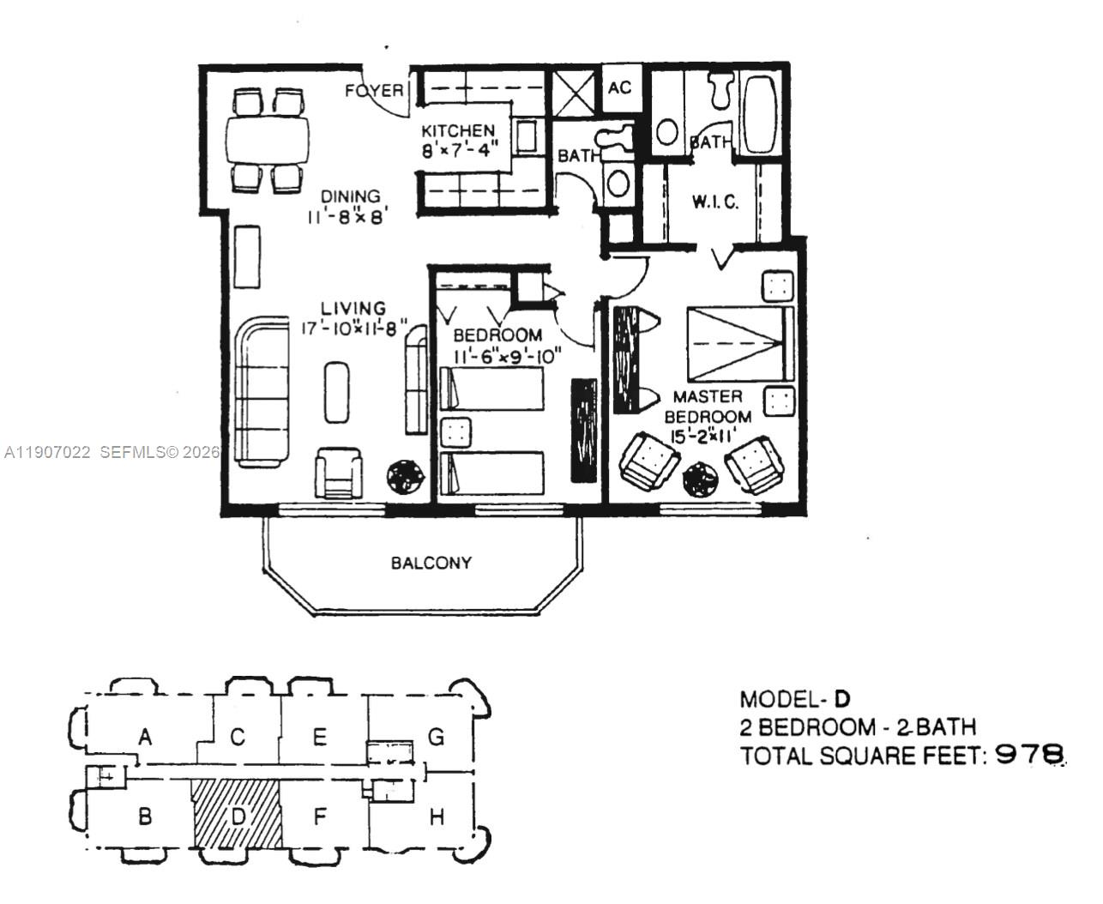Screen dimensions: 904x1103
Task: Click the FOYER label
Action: [374, 90]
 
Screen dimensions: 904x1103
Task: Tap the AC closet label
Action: [619, 87]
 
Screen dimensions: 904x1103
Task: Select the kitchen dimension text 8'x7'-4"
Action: [459, 149]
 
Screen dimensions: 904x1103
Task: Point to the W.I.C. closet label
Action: [714, 202]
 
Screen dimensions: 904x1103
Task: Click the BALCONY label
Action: [431, 563]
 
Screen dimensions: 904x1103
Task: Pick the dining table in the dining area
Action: [268, 141]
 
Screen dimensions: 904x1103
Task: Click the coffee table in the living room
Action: [335, 391]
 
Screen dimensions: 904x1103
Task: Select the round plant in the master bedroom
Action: [701, 479]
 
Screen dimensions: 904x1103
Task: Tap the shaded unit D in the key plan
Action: [237, 813]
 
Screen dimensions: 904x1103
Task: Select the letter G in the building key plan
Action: [436, 737]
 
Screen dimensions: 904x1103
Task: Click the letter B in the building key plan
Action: [144, 816]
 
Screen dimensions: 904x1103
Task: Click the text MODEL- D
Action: [796, 698]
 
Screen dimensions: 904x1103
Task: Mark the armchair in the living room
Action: [339, 473]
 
